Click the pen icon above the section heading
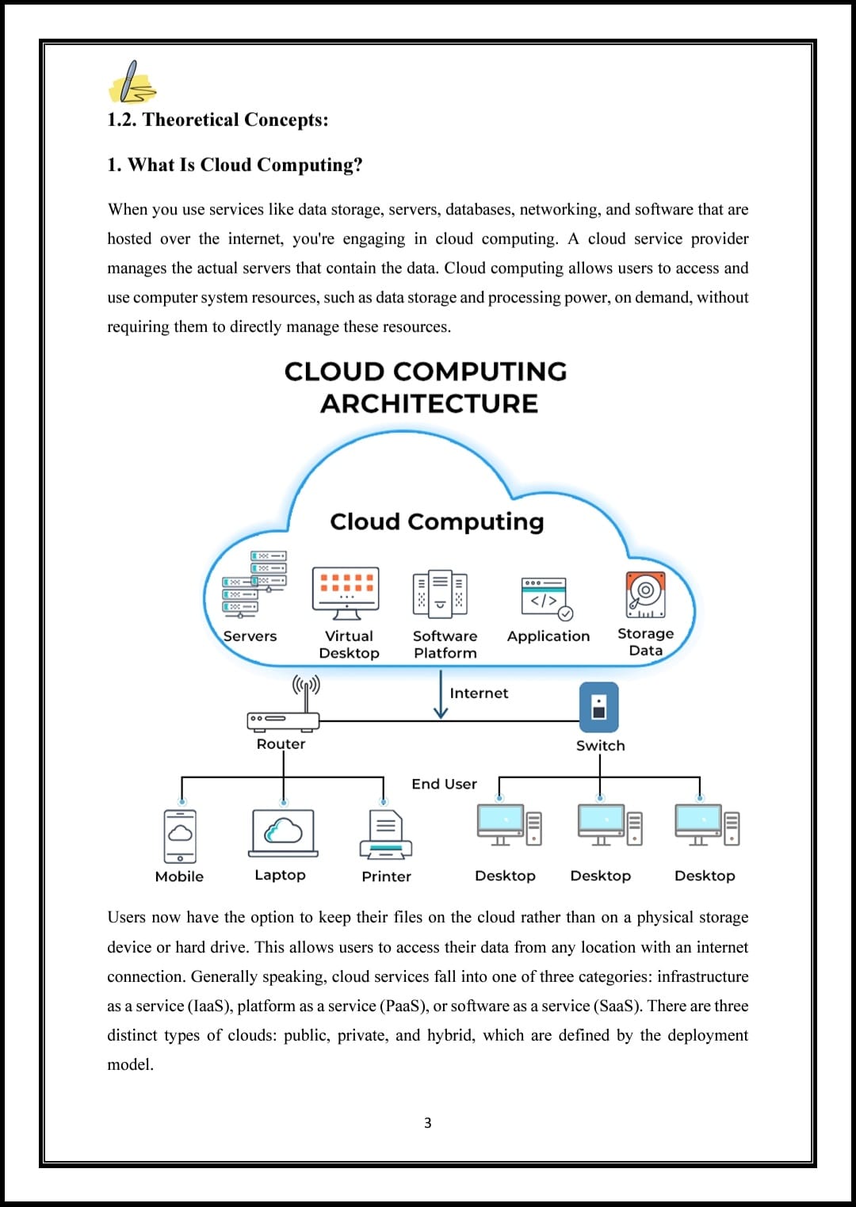[132, 82]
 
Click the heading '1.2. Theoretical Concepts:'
[218, 120]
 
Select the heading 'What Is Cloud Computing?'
[245, 165]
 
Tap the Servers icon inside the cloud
[254, 584]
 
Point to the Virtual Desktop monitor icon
[346, 594]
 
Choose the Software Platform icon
[440, 594]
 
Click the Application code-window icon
[547, 598]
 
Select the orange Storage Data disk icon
[645, 594]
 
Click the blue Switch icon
[599, 707]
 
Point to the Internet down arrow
[441, 694]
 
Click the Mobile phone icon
[180, 836]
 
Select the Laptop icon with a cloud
[283, 833]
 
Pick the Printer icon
[386, 835]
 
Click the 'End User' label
[444, 784]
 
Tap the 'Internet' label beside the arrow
[479, 693]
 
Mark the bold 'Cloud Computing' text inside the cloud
[438, 521]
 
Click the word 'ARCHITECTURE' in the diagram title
[429, 403]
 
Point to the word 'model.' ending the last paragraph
[131, 1065]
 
